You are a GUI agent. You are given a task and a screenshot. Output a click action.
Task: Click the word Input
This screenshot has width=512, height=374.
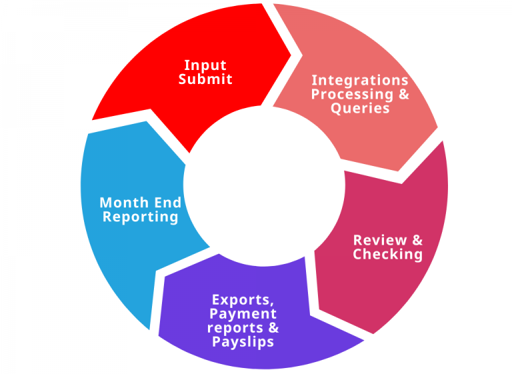[x=205, y=65]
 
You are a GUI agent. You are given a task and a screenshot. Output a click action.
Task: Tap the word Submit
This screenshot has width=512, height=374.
[x=205, y=79]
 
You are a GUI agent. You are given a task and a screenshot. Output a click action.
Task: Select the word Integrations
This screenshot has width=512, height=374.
[x=360, y=80]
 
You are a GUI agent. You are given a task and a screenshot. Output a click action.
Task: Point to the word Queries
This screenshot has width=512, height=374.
[x=360, y=108]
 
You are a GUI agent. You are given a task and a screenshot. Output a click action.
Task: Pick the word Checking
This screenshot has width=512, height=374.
[x=387, y=254]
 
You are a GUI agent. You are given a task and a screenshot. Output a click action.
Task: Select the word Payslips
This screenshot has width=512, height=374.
[x=243, y=341]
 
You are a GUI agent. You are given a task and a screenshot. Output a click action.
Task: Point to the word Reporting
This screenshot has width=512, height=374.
[x=141, y=217]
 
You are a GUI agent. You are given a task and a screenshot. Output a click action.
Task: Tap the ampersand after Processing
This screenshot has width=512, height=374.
[x=403, y=94]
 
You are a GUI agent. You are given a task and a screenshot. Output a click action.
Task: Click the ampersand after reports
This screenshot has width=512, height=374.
[x=273, y=327]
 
